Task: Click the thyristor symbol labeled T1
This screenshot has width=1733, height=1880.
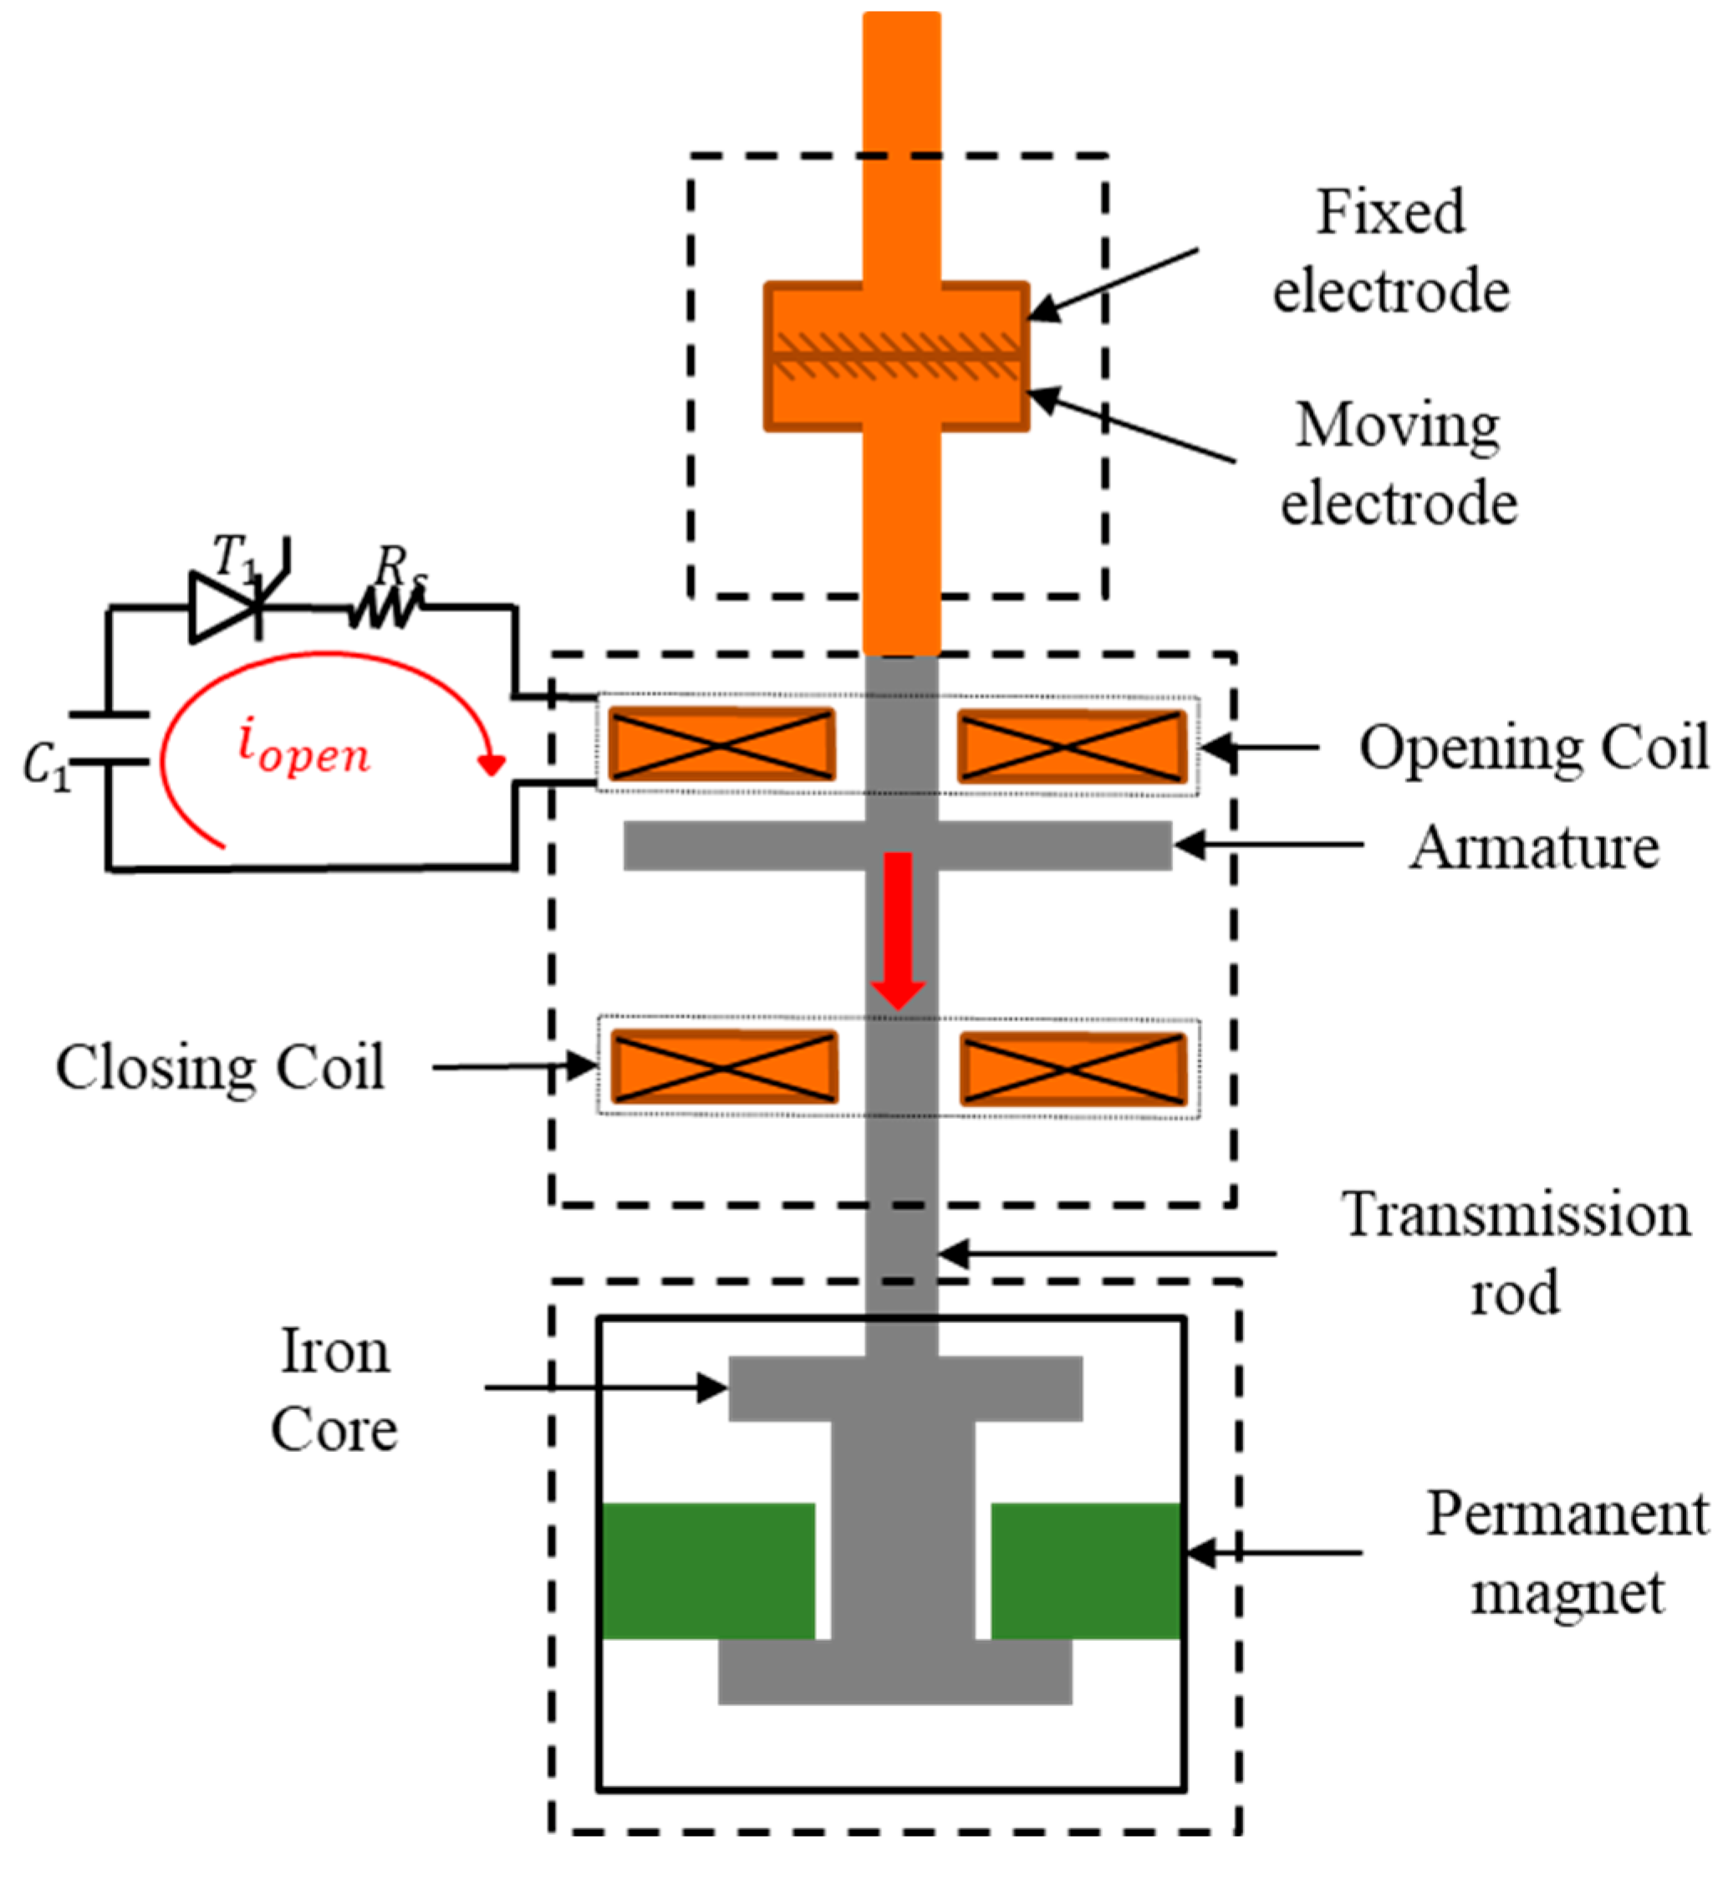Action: (x=226, y=607)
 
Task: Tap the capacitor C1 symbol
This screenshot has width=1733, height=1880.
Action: (x=109, y=738)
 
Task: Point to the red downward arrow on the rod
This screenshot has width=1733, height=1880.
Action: (x=899, y=929)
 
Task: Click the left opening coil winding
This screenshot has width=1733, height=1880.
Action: (x=721, y=745)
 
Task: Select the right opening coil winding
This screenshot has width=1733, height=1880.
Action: (x=1071, y=747)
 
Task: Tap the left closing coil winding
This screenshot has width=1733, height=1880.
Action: (x=723, y=1066)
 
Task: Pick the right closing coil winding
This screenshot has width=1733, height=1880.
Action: (x=1073, y=1069)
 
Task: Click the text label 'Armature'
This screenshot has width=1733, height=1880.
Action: (x=1534, y=848)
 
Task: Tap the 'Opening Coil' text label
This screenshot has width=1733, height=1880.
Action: (x=1534, y=748)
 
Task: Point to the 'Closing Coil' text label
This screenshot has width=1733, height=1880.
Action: (x=221, y=1068)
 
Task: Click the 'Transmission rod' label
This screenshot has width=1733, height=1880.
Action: (x=1516, y=1254)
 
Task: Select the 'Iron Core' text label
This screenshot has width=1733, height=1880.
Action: (x=334, y=1390)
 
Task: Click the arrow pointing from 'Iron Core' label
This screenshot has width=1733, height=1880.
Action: (x=605, y=1387)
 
